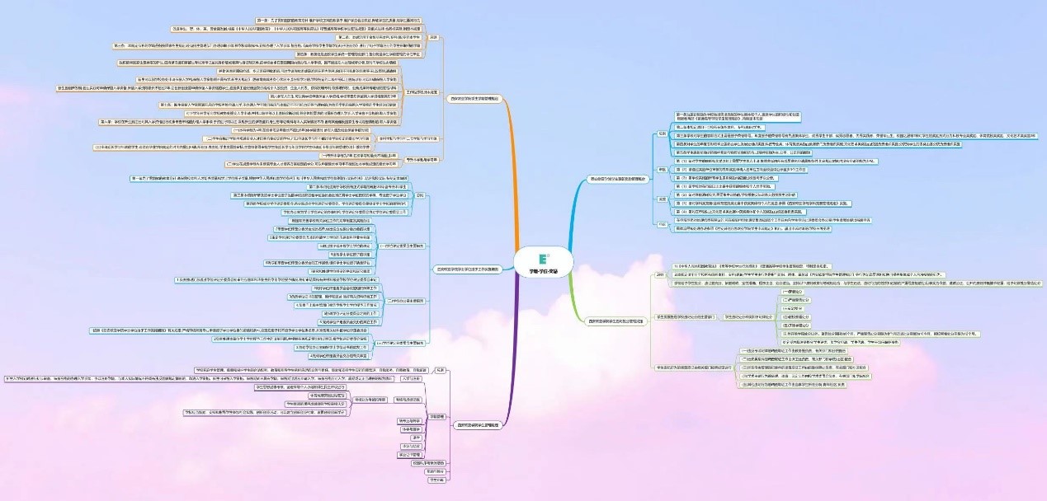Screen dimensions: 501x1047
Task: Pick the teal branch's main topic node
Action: click(x=465, y=269)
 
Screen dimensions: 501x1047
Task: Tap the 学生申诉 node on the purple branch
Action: click(x=436, y=480)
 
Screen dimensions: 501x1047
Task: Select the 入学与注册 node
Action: click(x=412, y=378)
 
